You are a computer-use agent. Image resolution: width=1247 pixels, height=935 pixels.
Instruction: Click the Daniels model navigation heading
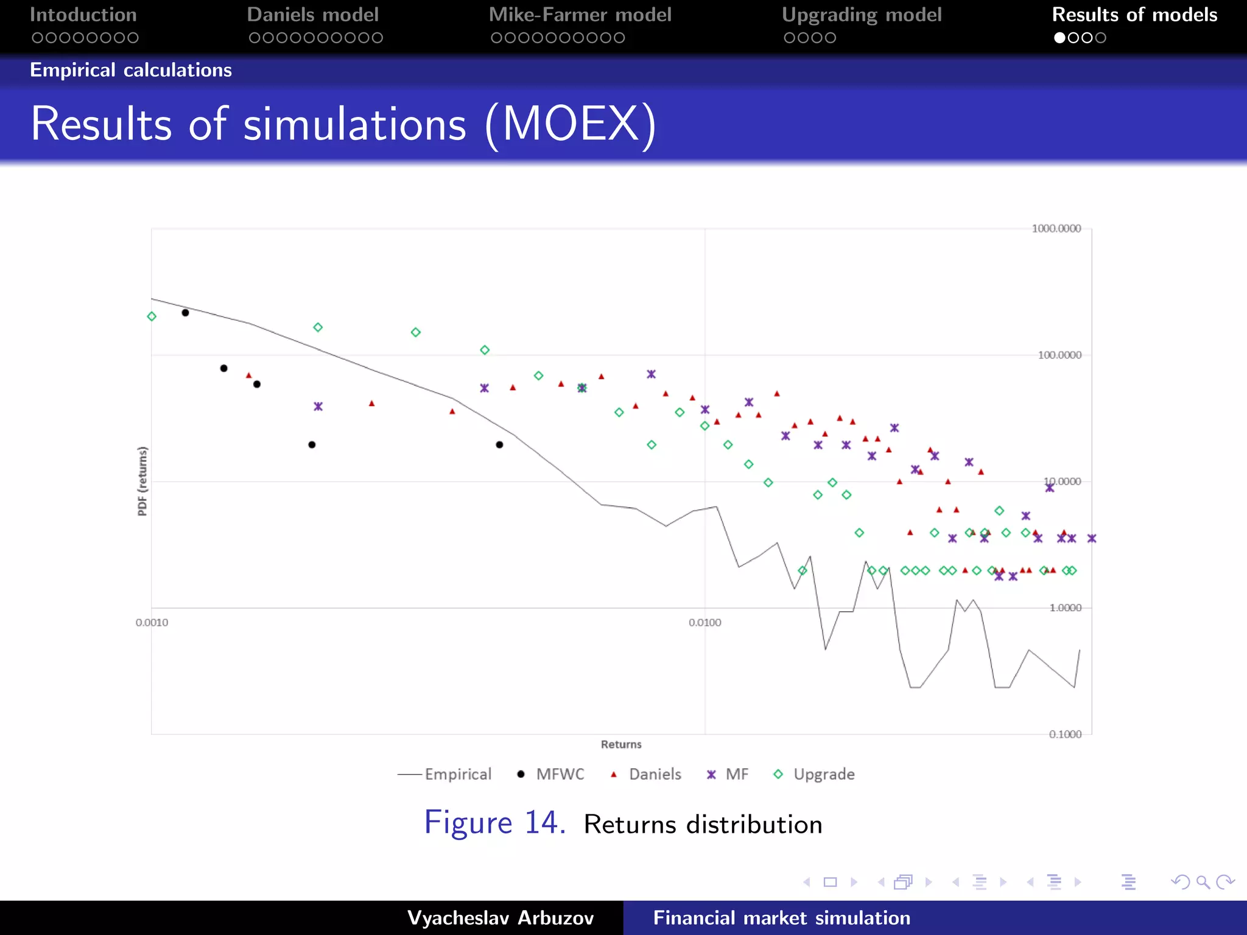[x=312, y=15]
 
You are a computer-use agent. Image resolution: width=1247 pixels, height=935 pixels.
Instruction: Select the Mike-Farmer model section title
[x=580, y=15]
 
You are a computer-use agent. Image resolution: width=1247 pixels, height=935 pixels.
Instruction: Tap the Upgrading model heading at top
[x=861, y=15]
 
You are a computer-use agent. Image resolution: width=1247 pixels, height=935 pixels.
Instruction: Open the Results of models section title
[x=1134, y=15]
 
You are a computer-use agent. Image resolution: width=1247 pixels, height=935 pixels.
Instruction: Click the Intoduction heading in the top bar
[x=83, y=15]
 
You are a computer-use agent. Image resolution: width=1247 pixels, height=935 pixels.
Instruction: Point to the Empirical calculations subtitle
[x=131, y=70]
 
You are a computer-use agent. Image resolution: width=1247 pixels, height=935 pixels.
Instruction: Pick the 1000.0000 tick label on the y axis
[x=1056, y=228]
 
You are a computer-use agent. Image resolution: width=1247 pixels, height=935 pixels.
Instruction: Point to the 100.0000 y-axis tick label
[x=1059, y=355]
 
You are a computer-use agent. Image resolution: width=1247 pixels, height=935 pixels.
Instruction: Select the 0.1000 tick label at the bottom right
[x=1065, y=734]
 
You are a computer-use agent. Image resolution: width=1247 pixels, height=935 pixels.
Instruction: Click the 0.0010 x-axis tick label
[x=152, y=622]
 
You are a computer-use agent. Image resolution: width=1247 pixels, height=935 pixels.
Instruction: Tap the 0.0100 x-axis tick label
[x=704, y=622]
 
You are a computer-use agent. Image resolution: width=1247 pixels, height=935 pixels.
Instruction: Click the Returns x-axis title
[x=621, y=744]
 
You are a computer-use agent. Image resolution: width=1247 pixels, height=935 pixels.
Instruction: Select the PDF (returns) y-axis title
[x=142, y=481]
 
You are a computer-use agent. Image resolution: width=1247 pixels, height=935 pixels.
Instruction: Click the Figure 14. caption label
[x=494, y=823]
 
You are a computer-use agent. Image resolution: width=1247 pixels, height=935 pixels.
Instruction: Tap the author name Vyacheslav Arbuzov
[x=501, y=918]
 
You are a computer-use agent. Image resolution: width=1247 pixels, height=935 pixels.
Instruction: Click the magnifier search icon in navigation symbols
[x=1203, y=882]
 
